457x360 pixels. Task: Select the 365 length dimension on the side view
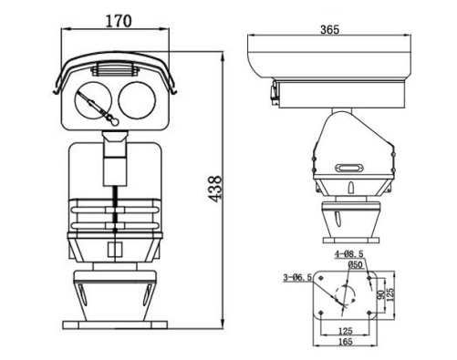click(x=329, y=29)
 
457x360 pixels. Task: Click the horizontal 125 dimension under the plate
click(x=346, y=332)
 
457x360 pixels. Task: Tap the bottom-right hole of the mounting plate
click(x=374, y=314)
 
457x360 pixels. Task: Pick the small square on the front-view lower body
click(x=114, y=250)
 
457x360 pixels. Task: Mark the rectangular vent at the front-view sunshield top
click(x=113, y=70)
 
